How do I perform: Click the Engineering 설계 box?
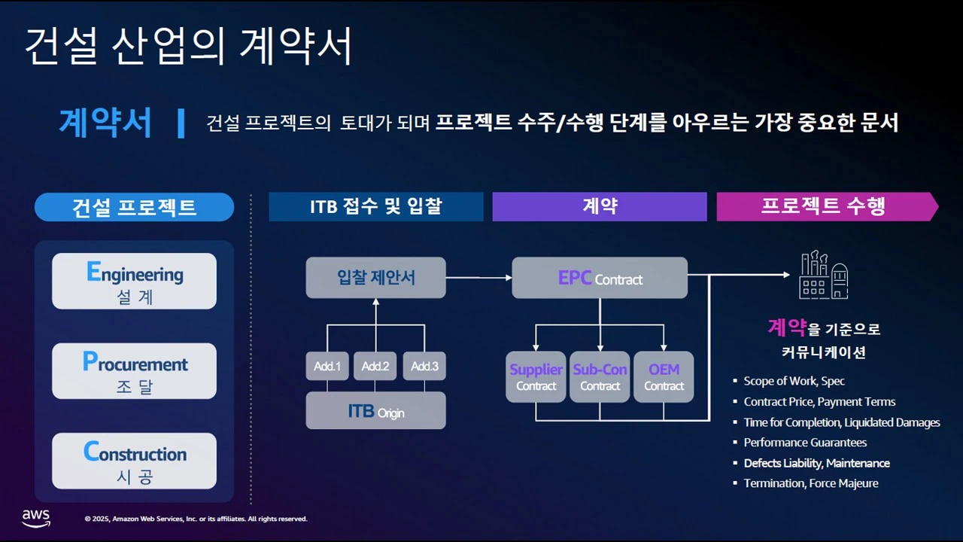134,281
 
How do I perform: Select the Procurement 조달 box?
134,371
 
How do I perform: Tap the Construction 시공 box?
134,461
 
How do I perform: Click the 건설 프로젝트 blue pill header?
134,207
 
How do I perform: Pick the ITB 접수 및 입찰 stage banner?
375,207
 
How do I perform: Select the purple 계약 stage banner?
599,207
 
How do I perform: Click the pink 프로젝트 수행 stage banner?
823,207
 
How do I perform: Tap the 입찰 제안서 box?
375,277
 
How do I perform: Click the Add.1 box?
327,366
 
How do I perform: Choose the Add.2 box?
375,366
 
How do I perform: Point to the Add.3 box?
424,366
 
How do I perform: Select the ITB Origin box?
375,411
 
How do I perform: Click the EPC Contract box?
600,278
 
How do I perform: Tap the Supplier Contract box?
536,376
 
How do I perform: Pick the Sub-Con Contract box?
600,376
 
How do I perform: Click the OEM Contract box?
664,376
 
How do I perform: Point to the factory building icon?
823,276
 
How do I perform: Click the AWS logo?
35,518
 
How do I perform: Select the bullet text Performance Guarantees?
805,443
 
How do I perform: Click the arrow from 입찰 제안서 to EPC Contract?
478,278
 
